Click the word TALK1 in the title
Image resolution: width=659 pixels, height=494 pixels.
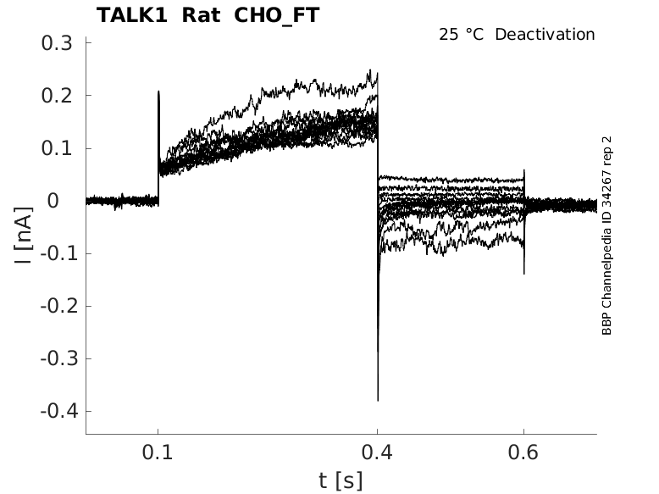tap(132, 15)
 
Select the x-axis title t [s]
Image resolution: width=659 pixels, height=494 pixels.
tap(341, 480)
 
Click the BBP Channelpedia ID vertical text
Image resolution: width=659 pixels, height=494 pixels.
tap(606, 235)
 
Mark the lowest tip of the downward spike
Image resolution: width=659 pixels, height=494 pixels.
tap(378, 400)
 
